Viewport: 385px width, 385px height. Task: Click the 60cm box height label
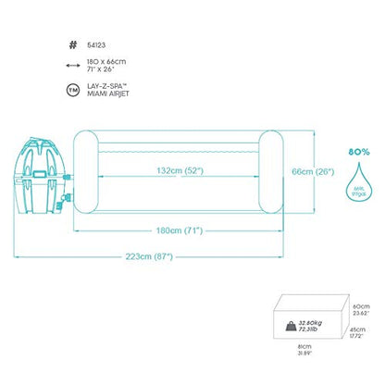360,306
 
